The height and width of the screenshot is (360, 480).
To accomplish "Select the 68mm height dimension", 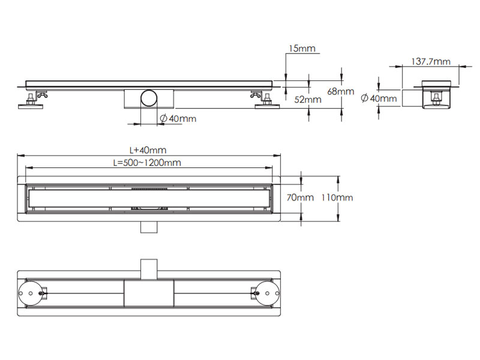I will (341, 91).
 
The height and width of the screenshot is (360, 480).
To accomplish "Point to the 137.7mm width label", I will (431, 61).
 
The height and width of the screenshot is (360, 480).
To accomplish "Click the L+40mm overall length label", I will (148, 150).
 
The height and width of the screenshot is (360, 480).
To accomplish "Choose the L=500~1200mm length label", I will (147, 162).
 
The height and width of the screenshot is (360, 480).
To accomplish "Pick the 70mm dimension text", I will (299, 197).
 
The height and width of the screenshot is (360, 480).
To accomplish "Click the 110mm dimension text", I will (337, 197).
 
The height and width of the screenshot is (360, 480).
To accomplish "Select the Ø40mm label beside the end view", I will (379, 98).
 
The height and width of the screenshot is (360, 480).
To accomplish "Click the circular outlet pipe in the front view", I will (148, 98).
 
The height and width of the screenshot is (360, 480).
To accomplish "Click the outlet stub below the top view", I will (148, 226).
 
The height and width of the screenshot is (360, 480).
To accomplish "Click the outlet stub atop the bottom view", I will (148, 268).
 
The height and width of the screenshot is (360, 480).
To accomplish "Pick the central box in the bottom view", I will (148, 293).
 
